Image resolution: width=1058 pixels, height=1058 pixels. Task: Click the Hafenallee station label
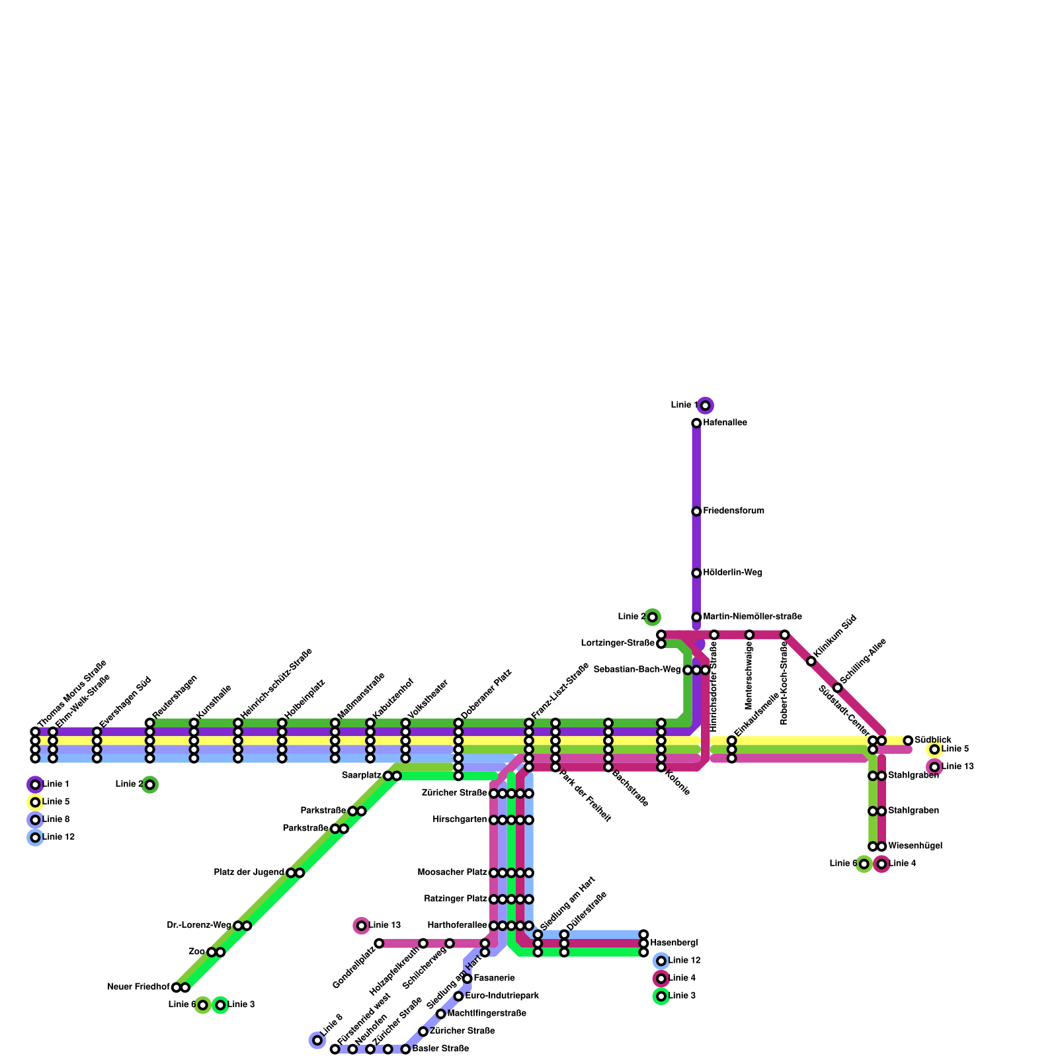click(x=725, y=423)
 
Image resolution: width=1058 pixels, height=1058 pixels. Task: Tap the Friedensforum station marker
click(x=696, y=511)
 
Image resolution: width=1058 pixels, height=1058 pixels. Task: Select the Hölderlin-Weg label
click(x=733, y=573)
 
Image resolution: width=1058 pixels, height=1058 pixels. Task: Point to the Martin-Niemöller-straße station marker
click(x=696, y=617)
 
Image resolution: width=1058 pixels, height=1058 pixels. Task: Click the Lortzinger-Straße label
click(x=618, y=643)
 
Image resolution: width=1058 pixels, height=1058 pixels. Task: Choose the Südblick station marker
click(x=908, y=740)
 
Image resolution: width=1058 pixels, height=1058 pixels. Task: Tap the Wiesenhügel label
click(x=915, y=846)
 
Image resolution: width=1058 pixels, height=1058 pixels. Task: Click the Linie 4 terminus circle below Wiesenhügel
click(x=881, y=864)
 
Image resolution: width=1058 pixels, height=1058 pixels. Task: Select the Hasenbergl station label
click(x=674, y=942)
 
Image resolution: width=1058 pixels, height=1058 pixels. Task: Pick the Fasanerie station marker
click(x=468, y=978)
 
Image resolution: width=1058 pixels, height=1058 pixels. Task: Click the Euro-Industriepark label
click(x=502, y=996)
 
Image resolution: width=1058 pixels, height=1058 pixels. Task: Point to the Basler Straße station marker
click(x=405, y=1049)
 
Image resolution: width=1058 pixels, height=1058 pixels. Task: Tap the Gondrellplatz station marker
click(x=379, y=943)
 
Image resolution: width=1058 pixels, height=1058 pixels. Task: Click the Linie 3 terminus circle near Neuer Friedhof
click(x=220, y=1005)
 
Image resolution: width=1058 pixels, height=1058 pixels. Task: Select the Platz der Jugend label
click(x=249, y=872)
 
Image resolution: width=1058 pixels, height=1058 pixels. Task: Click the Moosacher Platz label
click(x=452, y=872)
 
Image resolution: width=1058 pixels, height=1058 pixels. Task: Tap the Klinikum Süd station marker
click(x=811, y=661)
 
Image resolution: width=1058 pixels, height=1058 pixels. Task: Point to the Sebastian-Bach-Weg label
click(x=637, y=670)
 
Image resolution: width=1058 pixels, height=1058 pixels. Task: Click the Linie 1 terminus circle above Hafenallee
click(x=706, y=405)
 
